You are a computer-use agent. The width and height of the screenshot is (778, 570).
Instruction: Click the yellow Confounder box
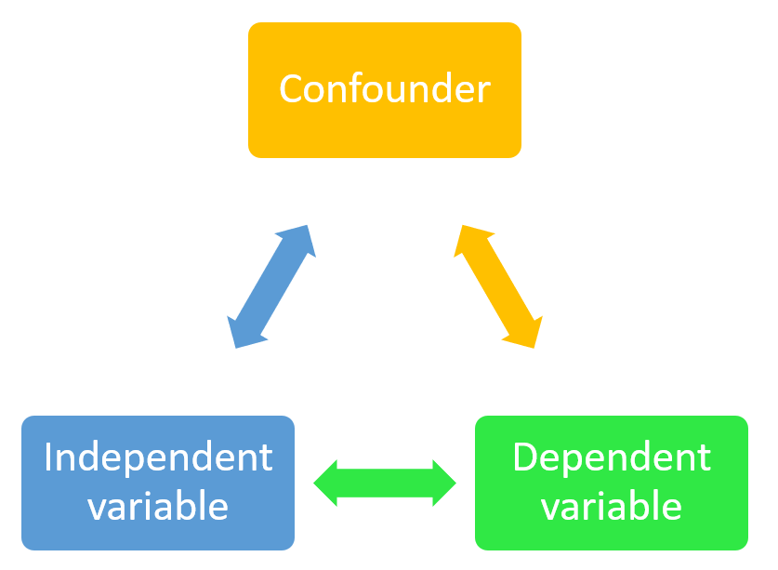[385, 90]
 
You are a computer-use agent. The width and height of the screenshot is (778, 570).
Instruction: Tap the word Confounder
[385, 88]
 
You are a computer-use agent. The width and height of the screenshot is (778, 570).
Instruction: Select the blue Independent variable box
[158, 483]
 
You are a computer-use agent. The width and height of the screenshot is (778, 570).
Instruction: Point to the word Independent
[158, 457]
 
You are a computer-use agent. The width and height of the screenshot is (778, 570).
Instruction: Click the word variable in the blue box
[158, 506]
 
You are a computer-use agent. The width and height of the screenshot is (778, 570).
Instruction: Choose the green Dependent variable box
[612, 483]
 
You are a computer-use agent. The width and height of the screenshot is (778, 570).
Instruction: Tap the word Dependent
[612, 457]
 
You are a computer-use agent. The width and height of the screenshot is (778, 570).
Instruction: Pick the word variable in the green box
[612, 506]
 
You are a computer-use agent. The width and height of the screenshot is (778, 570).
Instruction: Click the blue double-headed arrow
[271, 286]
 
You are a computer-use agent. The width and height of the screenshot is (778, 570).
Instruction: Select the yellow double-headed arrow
[498, 286]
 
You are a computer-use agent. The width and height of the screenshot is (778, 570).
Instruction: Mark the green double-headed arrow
[385, 484]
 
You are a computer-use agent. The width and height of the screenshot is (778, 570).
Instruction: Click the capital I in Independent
[47, 457]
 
